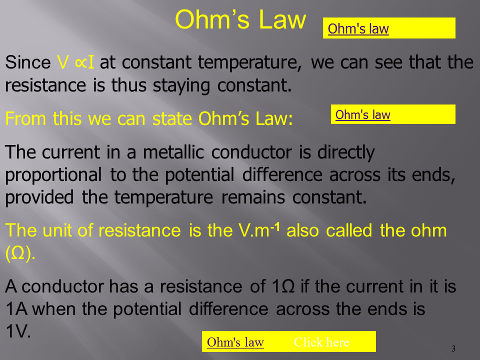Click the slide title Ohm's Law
240,19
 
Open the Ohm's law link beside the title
358,29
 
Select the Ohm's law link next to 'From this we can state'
363,115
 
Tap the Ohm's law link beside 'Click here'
235,342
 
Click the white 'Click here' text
321,342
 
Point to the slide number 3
453,348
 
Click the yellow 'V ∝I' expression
75,62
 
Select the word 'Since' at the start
28,62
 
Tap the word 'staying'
181,85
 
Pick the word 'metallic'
173,152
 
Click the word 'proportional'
53,175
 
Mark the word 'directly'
346,152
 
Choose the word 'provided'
39,197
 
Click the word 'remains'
253,197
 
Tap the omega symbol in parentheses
18,253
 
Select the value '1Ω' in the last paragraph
283,286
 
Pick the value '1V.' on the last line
18,331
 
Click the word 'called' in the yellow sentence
349,230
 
